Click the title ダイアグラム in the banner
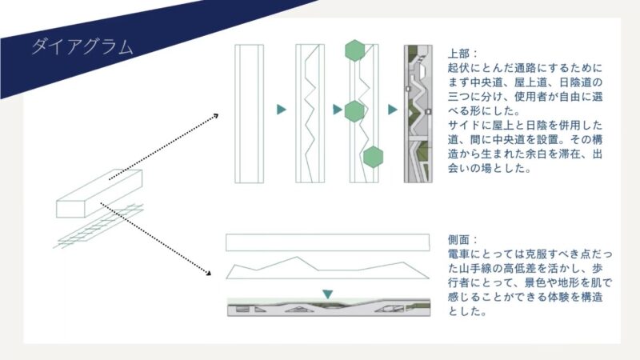tap(82, 47)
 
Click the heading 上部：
tap(463, 54)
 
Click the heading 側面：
tap(463, 239)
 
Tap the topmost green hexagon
tap(354, 50)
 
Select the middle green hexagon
tap(354, 111)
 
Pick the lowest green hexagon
tap(373, 157)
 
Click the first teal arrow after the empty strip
tap(282, 110)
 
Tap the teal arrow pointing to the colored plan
tap(393, 110)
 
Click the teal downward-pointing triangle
tap(327, 294)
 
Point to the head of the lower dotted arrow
tap(209, 272)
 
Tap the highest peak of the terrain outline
tap(297, 257)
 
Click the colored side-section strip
tap(329, 308)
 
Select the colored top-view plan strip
tap(418, 114)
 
